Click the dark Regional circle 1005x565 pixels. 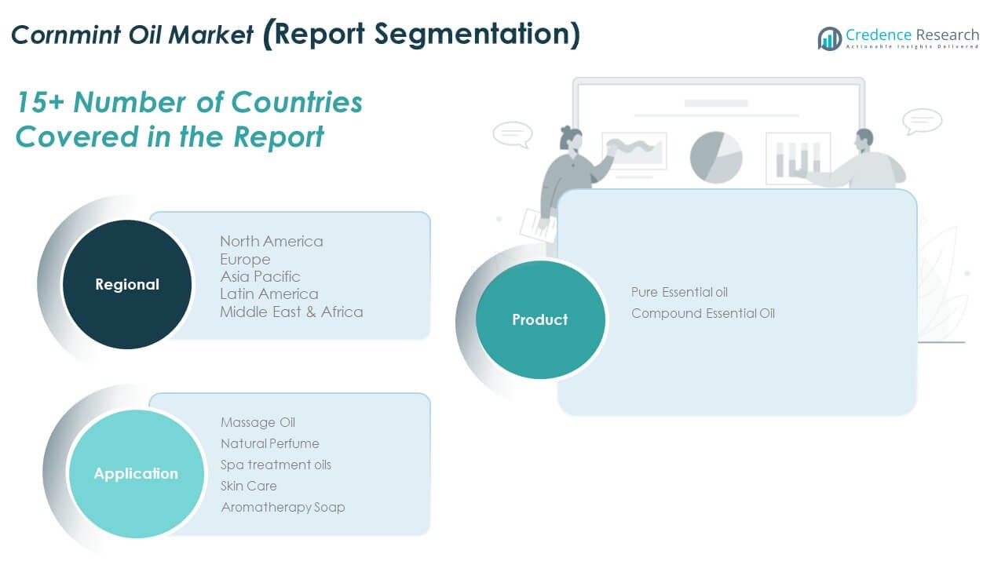[126, 284]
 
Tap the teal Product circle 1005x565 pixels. [540, 319]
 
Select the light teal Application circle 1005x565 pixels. [136, 473]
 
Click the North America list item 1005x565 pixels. [271, 241]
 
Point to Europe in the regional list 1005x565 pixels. [245, 259]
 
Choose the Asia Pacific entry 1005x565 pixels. [260, 276]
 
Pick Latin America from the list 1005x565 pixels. [269, 293]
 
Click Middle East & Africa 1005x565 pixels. [291, 312]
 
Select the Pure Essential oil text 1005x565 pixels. [679, 292]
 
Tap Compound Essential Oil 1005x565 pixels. [703, 313]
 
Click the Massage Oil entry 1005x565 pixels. [258, 422]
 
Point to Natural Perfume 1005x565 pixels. [269, 443]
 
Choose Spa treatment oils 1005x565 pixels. [276, 465]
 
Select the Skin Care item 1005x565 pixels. [248, 486]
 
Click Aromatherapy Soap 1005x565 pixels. [283, 507]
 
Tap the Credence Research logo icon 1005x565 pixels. [829, 38]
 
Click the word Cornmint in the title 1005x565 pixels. [67, 35]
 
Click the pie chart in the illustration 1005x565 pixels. [716, 157]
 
